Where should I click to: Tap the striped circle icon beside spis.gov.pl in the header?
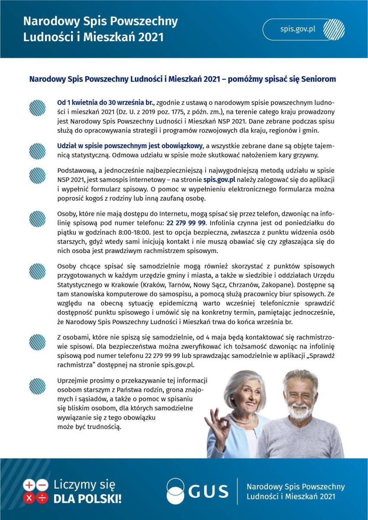pos(334,29)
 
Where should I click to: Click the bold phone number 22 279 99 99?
pos(186,223)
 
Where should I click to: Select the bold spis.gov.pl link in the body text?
pos(220,179)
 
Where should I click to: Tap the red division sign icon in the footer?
pos(42,498)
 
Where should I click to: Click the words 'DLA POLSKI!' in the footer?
pos(87,498)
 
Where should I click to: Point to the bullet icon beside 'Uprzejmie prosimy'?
pos(37,385)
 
